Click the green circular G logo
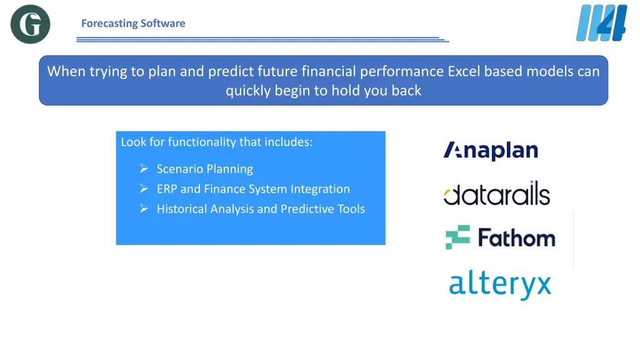(x=30, y=24)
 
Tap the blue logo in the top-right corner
(x=601, y=23)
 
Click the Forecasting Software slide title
(x=133, y=23)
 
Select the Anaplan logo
(x=491, y=151)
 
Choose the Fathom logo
(x=500, y=237)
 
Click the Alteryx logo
(x=500, y=284)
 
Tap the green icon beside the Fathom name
(x=457, y=237)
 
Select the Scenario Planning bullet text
(x=204, y=169)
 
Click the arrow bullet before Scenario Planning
(x=144, y=169)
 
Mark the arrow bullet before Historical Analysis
(x=144, y=209)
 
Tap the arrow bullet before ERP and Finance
(x=144, y=189)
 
